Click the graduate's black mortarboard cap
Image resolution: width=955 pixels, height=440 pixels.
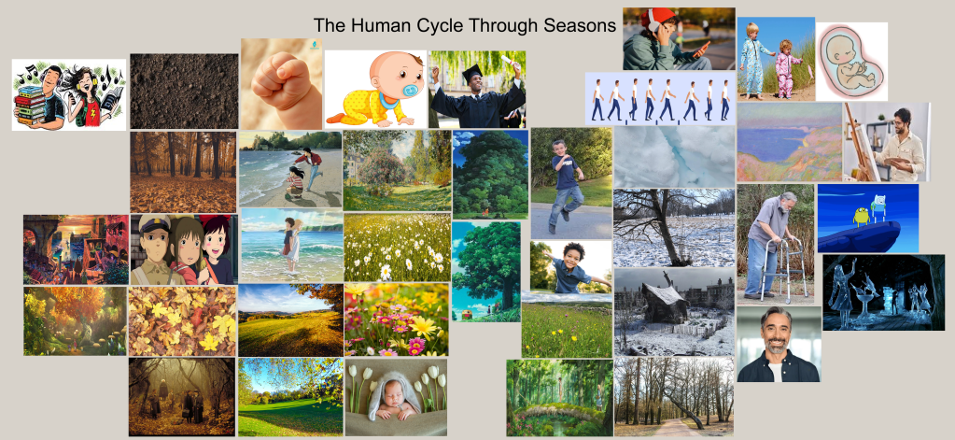point(472,73)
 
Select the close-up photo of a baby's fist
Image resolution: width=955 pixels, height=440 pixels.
point(281,84)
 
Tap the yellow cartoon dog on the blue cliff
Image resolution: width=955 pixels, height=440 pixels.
point(861,217)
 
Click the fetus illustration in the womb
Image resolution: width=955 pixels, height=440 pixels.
point(851,61)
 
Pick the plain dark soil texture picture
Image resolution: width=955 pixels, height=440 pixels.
point(184,92)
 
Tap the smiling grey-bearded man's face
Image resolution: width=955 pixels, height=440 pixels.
point(776,334)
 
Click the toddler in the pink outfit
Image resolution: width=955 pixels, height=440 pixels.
point(788,68)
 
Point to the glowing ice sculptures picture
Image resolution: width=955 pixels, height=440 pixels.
point(883,292)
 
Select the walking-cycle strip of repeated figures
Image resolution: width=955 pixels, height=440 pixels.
point(660,99)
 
